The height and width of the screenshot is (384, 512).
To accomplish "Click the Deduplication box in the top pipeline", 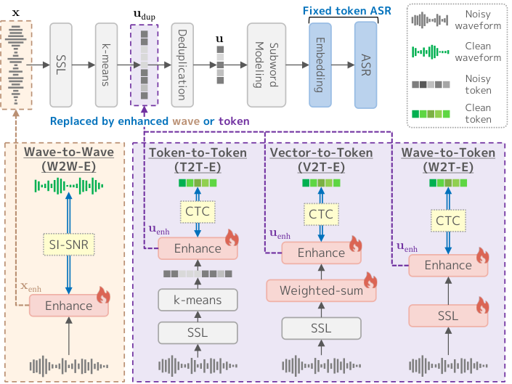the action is [182, 65].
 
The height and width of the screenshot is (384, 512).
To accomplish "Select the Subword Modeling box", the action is [267, 65].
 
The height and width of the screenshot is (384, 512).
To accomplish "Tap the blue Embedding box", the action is [320, 65].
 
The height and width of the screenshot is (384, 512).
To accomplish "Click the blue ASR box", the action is [366, 65].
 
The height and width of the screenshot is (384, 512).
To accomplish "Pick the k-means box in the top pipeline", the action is [106, 65].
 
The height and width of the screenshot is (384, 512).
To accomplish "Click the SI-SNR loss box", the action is [69, 245].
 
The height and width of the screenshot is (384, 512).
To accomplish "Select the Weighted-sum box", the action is [321, 290].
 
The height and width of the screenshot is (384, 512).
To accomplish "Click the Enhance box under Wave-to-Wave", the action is [68, 306].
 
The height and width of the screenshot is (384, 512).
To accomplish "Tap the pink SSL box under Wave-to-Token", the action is [448, 316].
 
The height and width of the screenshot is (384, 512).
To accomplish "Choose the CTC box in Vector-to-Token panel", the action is [321, 214].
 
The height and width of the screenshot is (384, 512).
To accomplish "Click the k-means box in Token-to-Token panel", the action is [198, 300].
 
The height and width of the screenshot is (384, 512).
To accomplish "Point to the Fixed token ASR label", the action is [346, 11].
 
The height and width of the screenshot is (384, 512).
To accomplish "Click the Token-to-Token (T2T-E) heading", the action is [198, 160].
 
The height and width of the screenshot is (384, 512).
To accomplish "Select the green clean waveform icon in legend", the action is [431, 52].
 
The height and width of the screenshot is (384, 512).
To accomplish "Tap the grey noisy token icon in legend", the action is [431, 84].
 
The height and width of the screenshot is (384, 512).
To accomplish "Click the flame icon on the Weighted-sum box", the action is [370, 280].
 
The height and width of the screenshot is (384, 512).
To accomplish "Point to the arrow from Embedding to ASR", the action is [344, 65].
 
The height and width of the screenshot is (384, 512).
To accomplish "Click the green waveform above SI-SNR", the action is [69, 186].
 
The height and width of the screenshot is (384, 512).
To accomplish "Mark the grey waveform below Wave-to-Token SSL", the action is [448, 366].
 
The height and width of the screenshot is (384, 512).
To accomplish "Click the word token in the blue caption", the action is [234, 121].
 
